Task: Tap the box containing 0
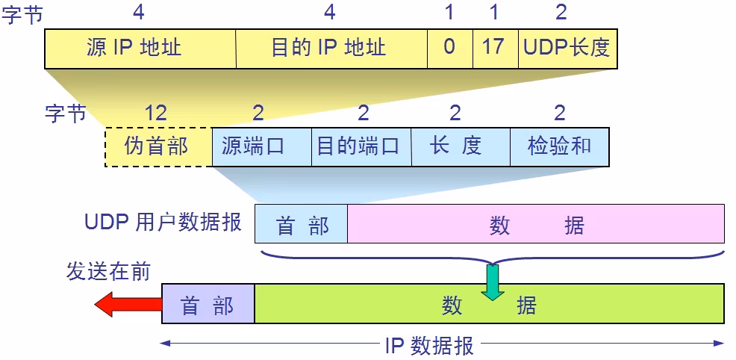pos(449,49)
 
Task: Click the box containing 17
pos(493,49)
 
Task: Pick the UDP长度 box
pos(567,49)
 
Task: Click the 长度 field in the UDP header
pos(459,146)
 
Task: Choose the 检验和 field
pos(559,146)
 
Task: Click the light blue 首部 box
pos(302,224)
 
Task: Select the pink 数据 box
pos(536,224)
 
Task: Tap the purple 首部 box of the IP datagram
pos(208,304)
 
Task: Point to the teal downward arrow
pos(492,282)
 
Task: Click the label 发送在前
pos(108,271)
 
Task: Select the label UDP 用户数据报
pos(163,223)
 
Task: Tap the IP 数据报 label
pos(429,346)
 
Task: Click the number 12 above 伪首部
pos(155,114)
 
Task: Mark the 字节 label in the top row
pos(22,14)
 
